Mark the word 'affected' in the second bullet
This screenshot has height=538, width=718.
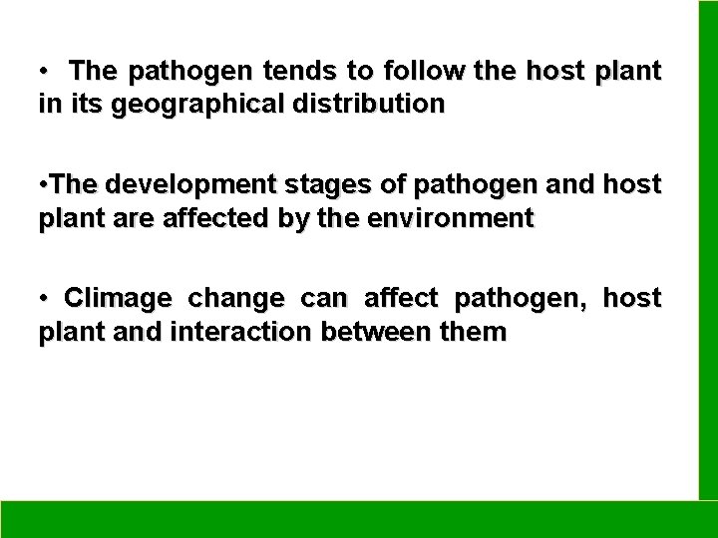point(179,217)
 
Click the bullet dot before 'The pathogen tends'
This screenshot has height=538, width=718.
point(46,73)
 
